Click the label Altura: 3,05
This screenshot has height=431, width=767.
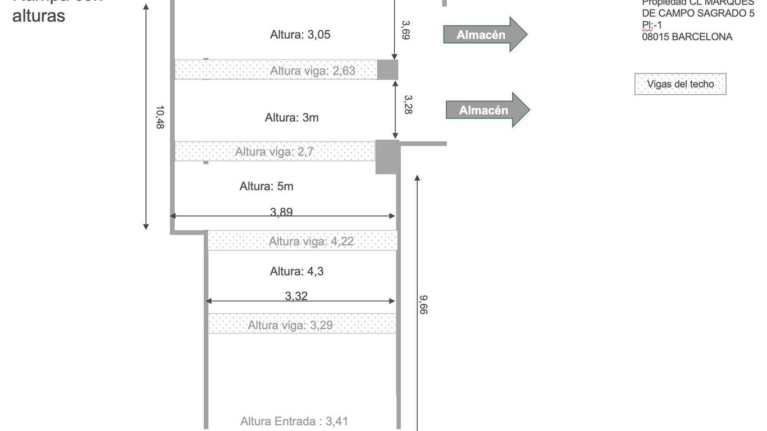300,35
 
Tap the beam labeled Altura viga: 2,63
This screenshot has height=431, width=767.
275,70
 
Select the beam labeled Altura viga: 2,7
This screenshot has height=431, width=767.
274,152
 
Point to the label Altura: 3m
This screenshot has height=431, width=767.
291,118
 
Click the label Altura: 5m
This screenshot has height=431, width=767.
266,186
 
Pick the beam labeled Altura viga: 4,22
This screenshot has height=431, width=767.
302,241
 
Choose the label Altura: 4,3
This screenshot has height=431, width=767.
296,272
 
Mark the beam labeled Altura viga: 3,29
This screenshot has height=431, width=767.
302,324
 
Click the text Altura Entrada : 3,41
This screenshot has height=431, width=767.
294,421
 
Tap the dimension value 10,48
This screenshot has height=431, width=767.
160,117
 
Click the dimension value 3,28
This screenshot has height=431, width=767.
408,104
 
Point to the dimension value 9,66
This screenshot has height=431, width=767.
423,305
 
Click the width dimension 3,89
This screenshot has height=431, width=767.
281,212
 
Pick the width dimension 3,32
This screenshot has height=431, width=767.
296,296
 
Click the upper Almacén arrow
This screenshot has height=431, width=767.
485,34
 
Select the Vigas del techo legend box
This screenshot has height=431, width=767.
680,84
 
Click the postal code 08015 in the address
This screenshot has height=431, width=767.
655,37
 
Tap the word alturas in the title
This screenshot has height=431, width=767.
39,16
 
